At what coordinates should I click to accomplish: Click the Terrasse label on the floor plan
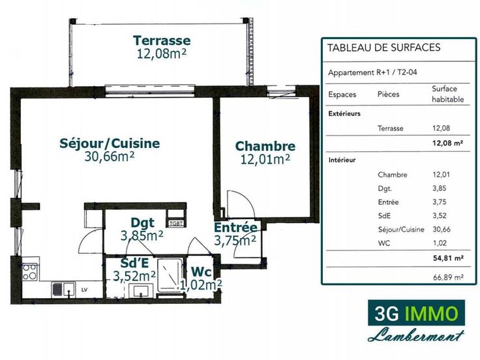(162, 40)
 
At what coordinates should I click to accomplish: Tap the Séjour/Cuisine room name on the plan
(110, 143)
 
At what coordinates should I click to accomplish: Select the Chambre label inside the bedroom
(265, 146)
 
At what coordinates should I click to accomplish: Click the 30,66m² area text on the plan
(110, 157)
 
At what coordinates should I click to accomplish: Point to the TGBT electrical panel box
(176, 224)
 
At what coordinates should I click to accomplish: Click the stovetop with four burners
(30, 272)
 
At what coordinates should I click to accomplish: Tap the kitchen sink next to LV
(64, 290)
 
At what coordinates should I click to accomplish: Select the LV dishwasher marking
(85, 290)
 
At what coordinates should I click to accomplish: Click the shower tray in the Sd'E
(170, 276)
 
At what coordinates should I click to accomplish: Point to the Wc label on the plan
(201, 272)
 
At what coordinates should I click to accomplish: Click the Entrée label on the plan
(235, 228)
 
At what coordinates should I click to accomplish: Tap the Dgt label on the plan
(142, 223)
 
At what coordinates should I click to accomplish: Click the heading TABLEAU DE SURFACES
(384, 48)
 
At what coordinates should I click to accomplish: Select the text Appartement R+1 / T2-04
(372, 72)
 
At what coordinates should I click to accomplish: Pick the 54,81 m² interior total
(448, 258)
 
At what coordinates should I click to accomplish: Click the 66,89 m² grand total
(448, 277)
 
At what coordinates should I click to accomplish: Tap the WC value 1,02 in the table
(440, 243)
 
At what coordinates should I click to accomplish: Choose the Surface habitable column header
(447, 94)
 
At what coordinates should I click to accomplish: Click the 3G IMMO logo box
(416, 312)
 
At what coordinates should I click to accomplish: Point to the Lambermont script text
(415, 335)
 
